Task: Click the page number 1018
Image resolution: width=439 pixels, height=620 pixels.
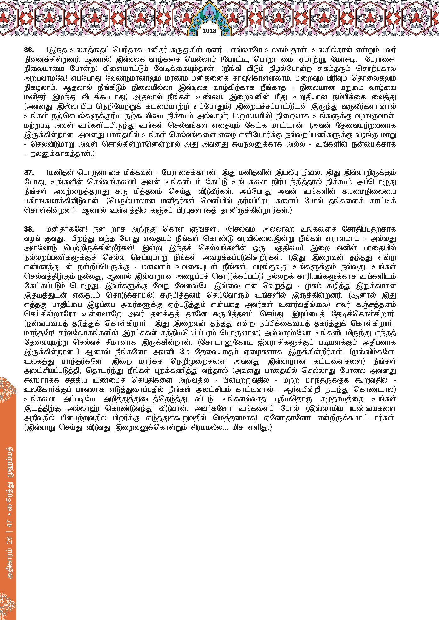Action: [210, 31]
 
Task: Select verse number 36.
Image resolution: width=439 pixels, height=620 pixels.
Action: [29, 50]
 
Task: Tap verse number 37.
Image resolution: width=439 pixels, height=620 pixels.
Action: [29, 172]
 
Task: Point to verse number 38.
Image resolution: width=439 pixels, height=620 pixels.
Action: [29, 229]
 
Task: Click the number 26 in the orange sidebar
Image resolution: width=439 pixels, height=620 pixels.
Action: [9, 540]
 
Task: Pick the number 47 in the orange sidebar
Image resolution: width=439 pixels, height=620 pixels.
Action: [9, 523]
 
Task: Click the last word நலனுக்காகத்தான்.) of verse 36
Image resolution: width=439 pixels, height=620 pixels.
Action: [62, 154]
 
